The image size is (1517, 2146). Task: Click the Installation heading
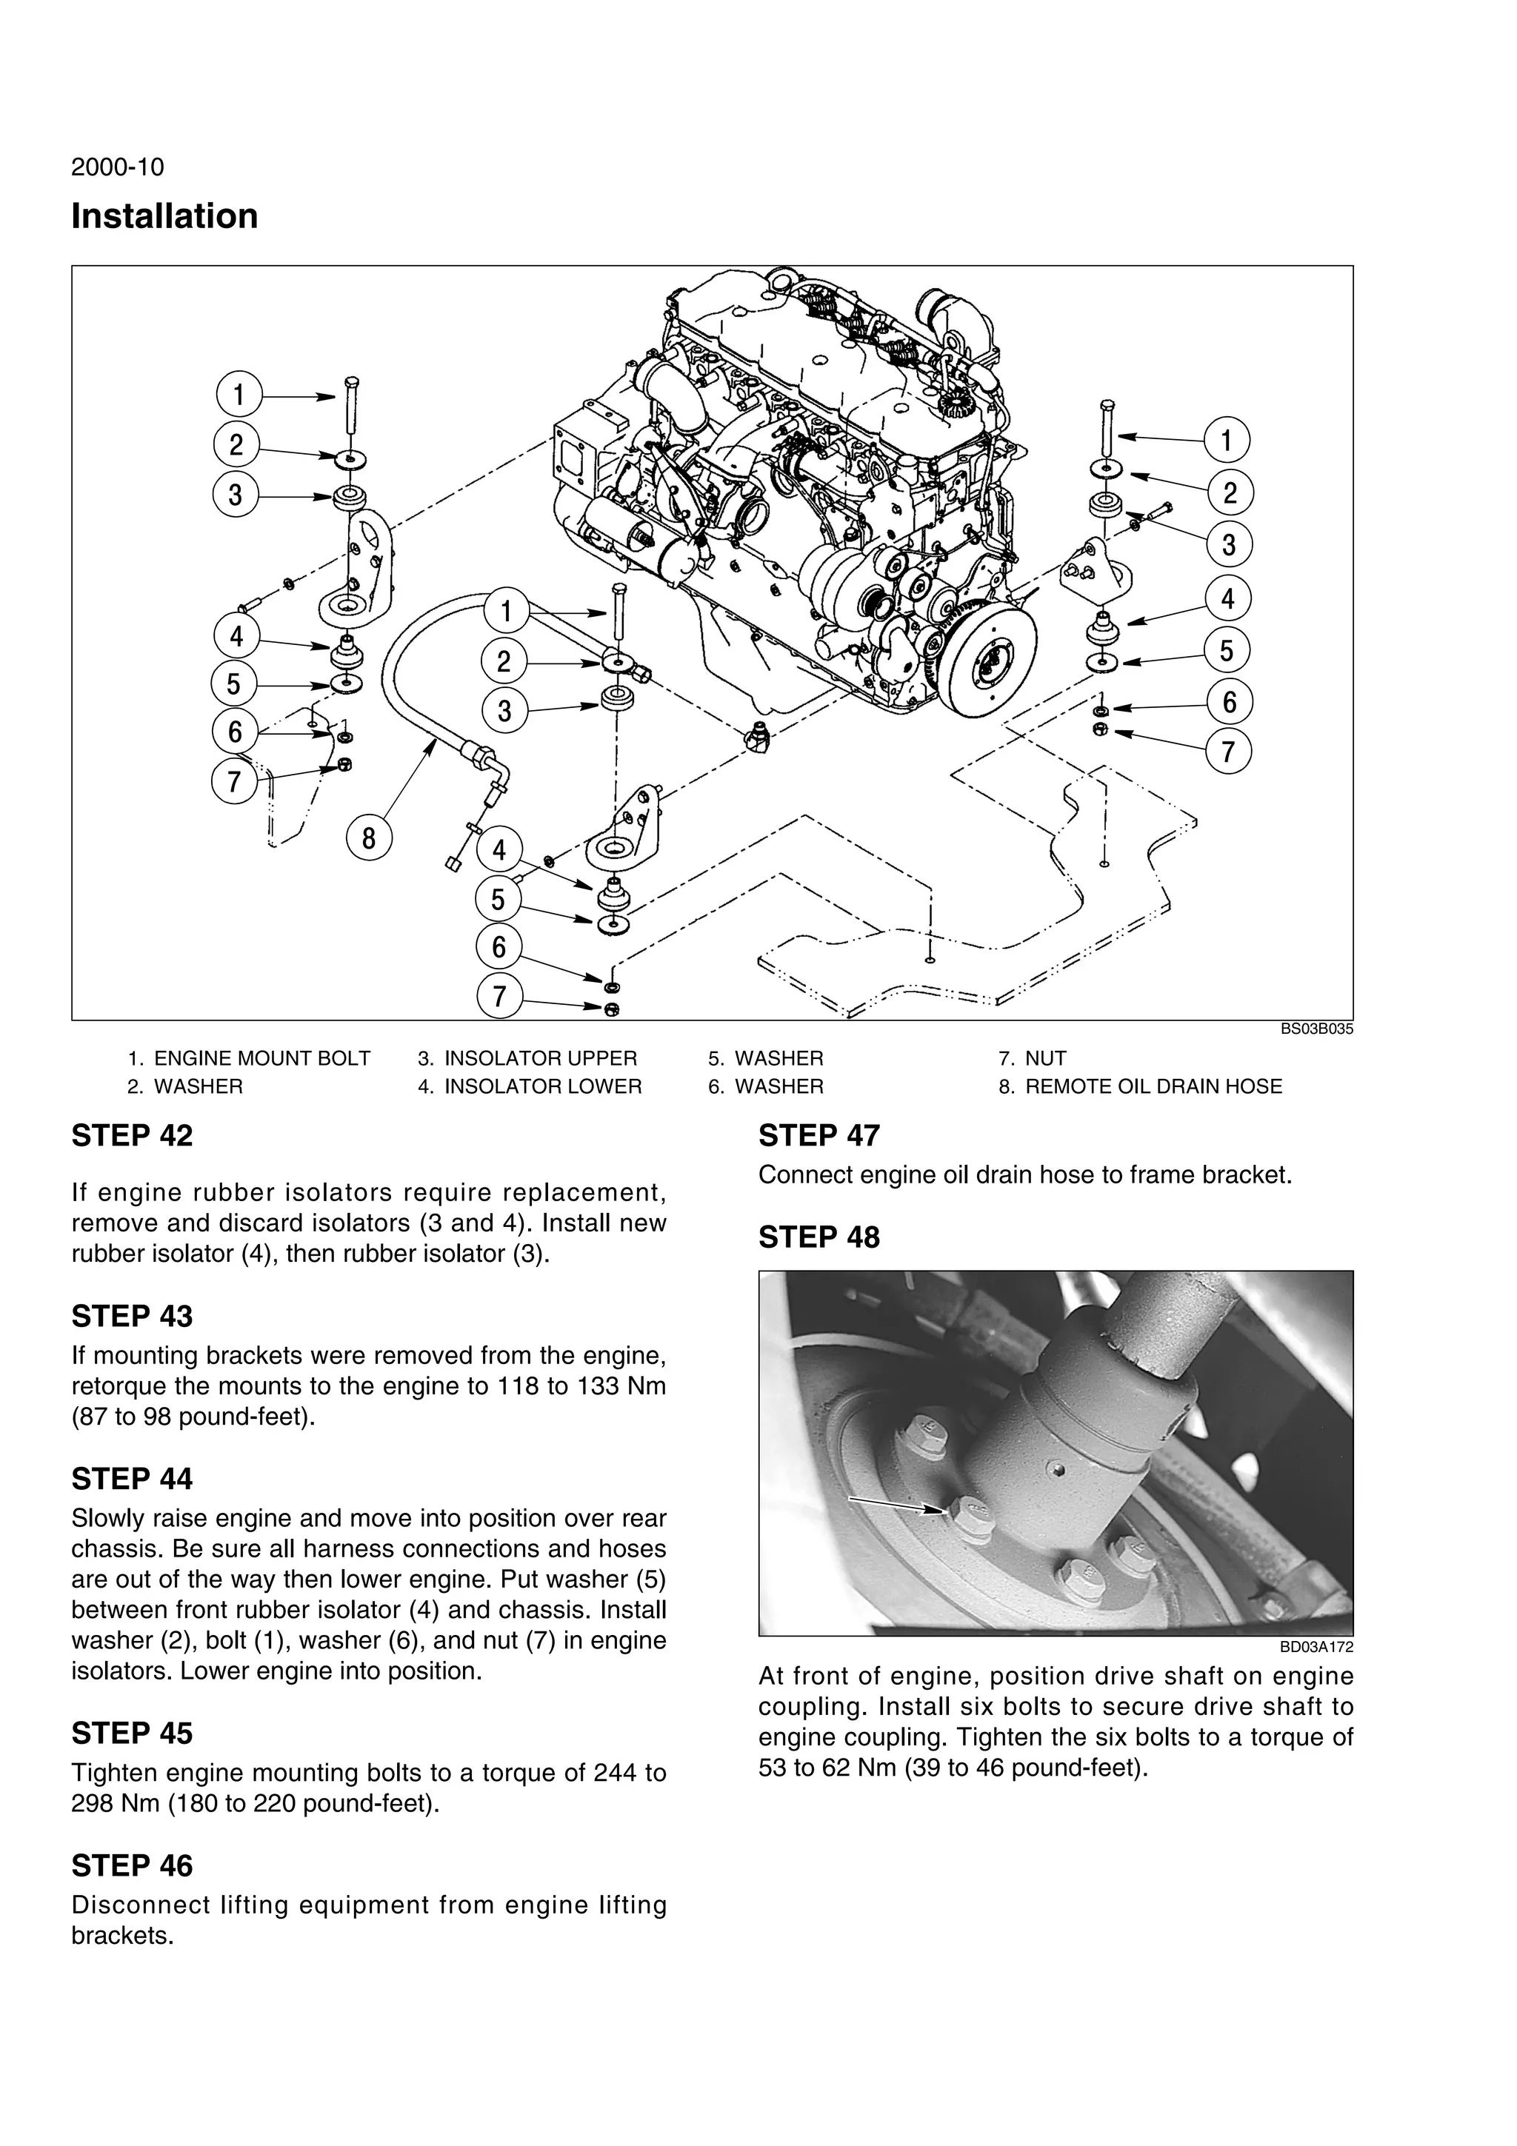(164, 217)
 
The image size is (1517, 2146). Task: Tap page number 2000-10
(118, 167)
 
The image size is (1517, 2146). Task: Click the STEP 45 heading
(132, 1733)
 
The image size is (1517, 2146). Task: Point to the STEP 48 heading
(818, 1237)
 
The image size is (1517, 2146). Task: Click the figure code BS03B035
(1316, 1029)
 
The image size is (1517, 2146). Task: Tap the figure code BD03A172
(1316, 1648)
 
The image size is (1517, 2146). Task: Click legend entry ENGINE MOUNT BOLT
(261, 1058)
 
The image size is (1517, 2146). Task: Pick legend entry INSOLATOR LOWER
(542, 1086)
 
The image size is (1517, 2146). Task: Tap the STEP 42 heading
(132, 1136)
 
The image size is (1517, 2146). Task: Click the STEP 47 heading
(818, 1136)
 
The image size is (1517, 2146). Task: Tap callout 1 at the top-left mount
(239, 395)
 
